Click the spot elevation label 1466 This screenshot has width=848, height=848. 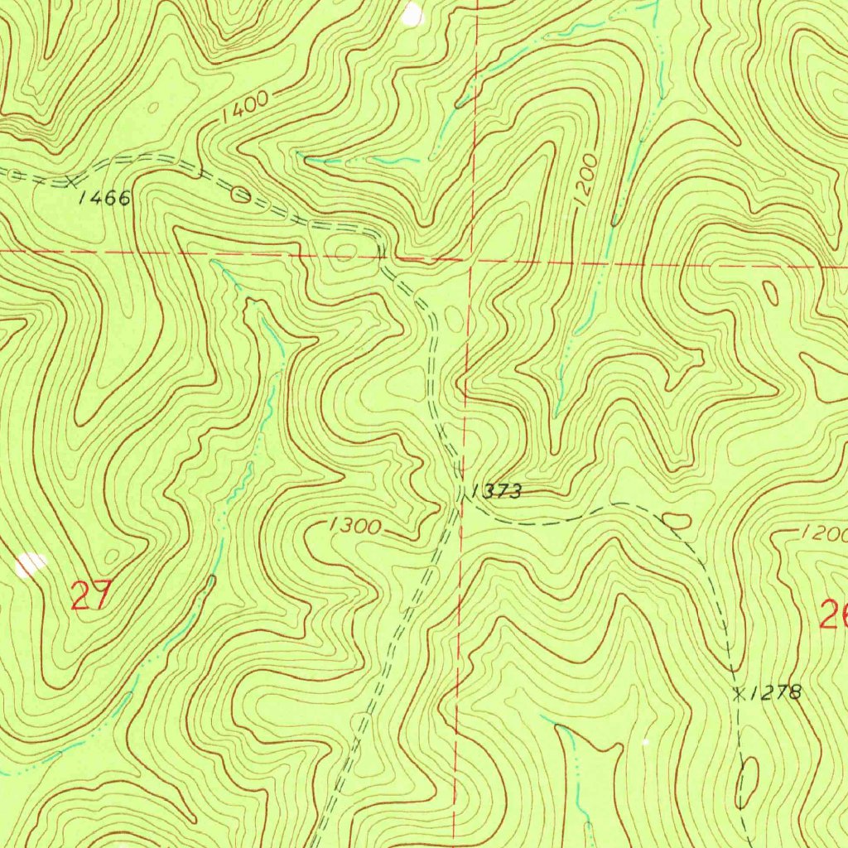point(105,198)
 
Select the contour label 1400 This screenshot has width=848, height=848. point(245,108)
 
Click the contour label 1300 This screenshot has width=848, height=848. point(354,526)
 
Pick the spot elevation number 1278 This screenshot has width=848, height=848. point(777,693)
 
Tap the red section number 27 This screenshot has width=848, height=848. point(90,595)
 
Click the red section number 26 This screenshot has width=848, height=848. point(832,614)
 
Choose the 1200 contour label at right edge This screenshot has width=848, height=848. point(823,534)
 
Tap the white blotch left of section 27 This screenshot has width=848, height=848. point(31,565)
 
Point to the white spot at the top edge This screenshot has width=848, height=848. point(412,13)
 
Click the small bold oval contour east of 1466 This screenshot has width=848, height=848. point(240,195)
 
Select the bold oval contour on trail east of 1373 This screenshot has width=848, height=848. point(677,521)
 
